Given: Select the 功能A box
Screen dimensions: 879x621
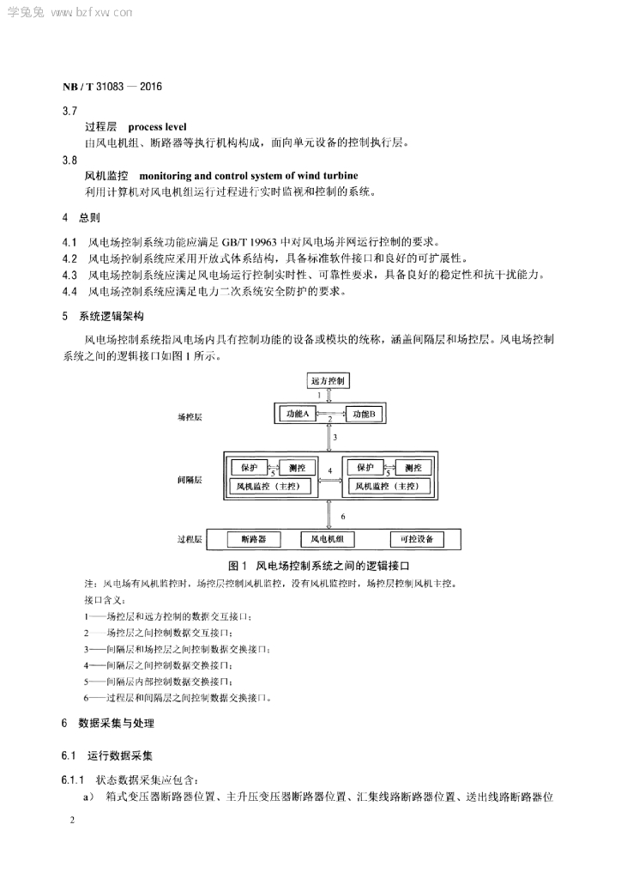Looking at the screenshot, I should [297, 415].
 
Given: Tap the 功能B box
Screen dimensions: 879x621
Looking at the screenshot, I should [365, 415].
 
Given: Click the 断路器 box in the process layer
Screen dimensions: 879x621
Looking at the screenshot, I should [254, 539].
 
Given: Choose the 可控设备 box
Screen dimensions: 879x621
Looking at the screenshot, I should [417, 539].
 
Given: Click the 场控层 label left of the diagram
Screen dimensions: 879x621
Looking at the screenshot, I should [190, 416].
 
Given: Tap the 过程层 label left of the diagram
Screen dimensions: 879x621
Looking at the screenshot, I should [190, 540].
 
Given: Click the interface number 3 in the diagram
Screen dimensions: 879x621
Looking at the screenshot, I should [335, 438].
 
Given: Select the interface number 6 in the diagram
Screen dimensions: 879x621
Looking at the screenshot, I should [342, 517].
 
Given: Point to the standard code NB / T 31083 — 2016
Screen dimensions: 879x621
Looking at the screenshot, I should [112, 87].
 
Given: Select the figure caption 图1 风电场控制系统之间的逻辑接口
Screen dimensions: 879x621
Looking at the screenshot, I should [316, 567].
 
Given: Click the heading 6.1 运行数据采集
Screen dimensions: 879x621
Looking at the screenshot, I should [107, 756].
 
